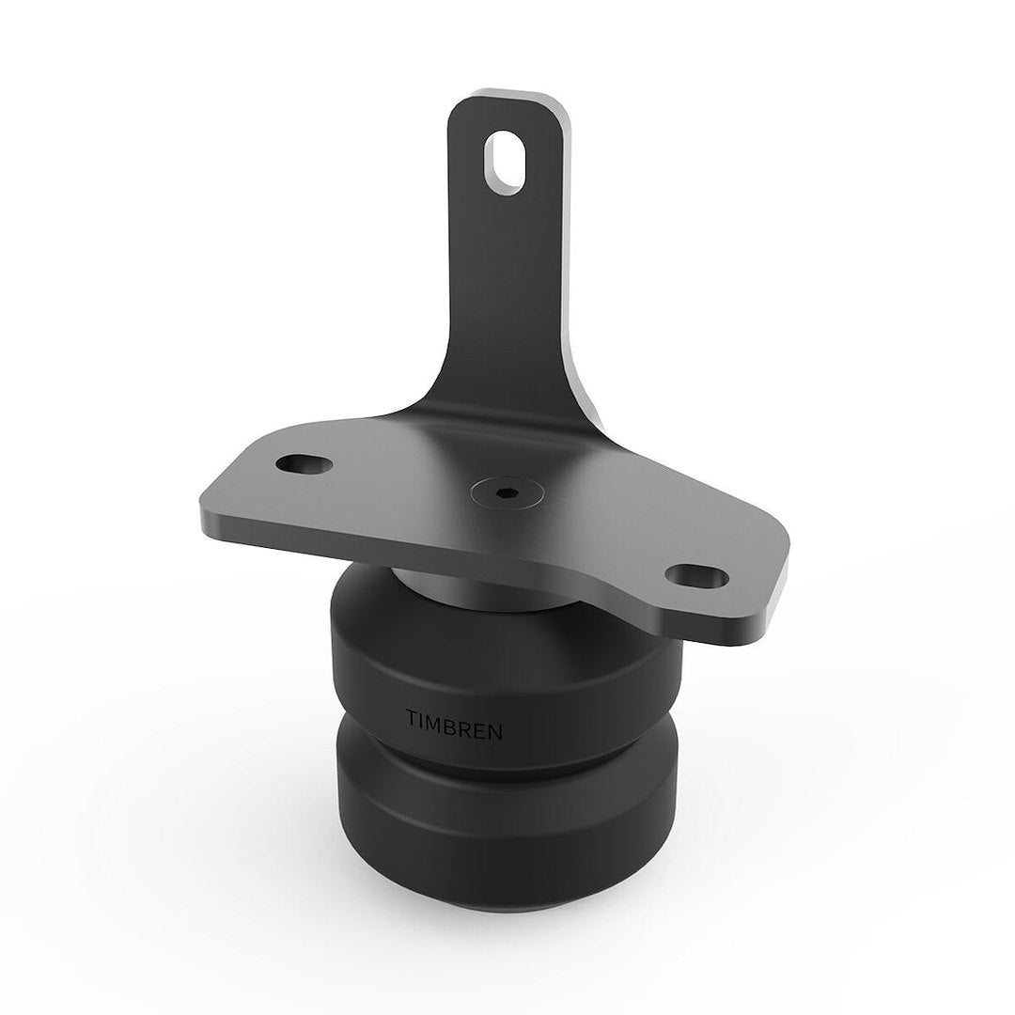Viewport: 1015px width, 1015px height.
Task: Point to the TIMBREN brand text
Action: click(455, 719)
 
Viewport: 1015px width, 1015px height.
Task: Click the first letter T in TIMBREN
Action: click(412, 716)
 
